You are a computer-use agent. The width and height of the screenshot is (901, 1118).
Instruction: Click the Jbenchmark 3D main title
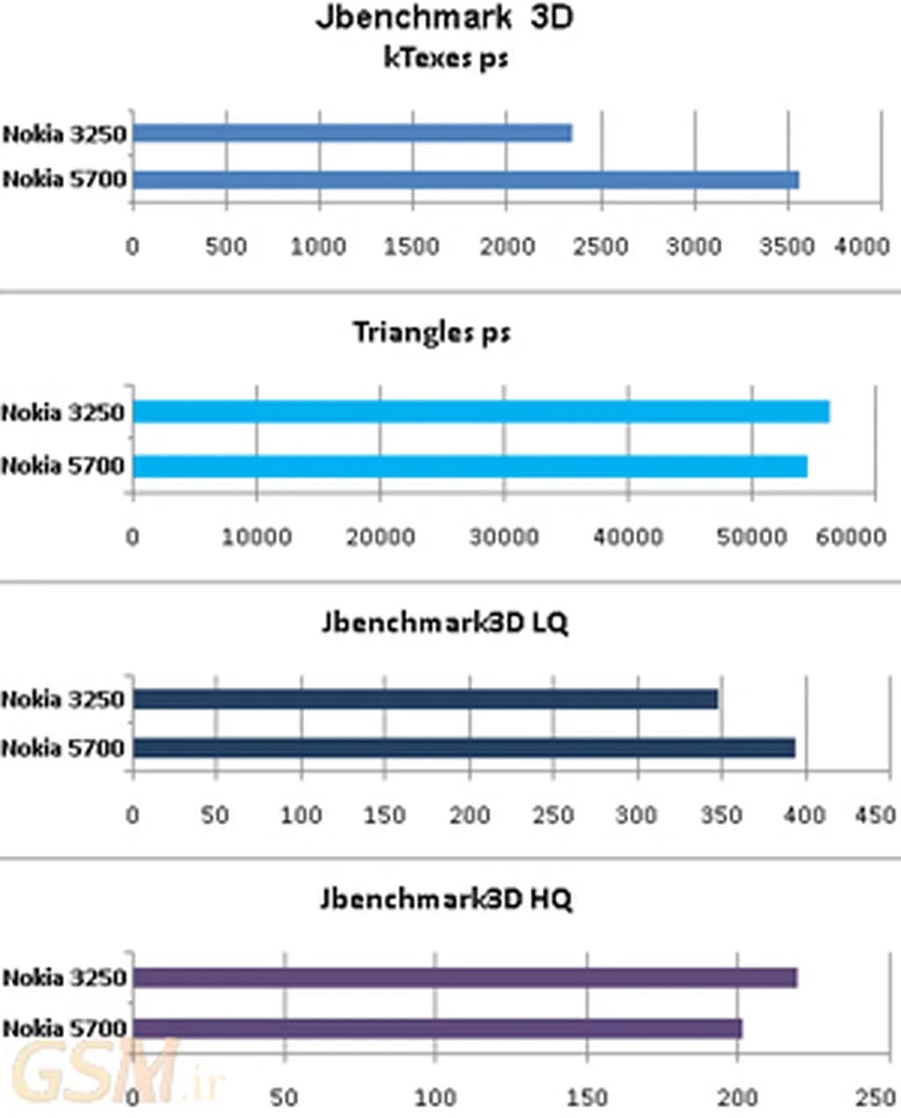(444, 18)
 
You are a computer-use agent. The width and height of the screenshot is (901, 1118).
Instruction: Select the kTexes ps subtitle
(446, 58)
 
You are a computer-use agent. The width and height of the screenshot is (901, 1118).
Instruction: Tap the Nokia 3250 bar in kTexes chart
(352, 133)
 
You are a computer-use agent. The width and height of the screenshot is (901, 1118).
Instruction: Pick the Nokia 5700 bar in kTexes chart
(465, 180)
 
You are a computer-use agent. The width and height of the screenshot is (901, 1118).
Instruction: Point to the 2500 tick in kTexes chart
(600, 246)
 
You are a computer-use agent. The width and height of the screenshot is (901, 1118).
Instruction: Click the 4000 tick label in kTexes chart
(861, 246)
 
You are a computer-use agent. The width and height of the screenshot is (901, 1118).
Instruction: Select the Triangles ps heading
(431, 333)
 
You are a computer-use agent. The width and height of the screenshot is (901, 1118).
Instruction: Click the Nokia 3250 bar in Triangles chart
(480, 411)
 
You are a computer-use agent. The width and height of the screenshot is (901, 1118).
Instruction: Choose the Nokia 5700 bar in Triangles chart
(470, 466)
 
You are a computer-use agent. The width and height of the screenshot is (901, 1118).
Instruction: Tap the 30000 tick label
(503, 536)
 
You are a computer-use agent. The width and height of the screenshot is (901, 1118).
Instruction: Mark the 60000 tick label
(850, 536)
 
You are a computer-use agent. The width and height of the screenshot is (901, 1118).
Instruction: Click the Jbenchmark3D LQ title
(444, 623)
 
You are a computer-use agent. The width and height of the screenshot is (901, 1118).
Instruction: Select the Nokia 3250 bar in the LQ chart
(425, 699)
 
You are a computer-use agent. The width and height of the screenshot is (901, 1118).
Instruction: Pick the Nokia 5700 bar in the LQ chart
(464, 748)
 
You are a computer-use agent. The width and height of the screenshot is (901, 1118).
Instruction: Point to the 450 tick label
(875, 815)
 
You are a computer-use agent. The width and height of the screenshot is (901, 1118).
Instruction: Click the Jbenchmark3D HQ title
(445, 899)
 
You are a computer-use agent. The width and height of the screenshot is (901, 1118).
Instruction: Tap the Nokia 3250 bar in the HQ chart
(465, 978)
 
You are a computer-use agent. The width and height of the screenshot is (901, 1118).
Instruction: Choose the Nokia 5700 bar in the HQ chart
(437, 1028)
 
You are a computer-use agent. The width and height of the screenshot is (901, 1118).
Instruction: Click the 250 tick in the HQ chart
(875, 1097)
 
